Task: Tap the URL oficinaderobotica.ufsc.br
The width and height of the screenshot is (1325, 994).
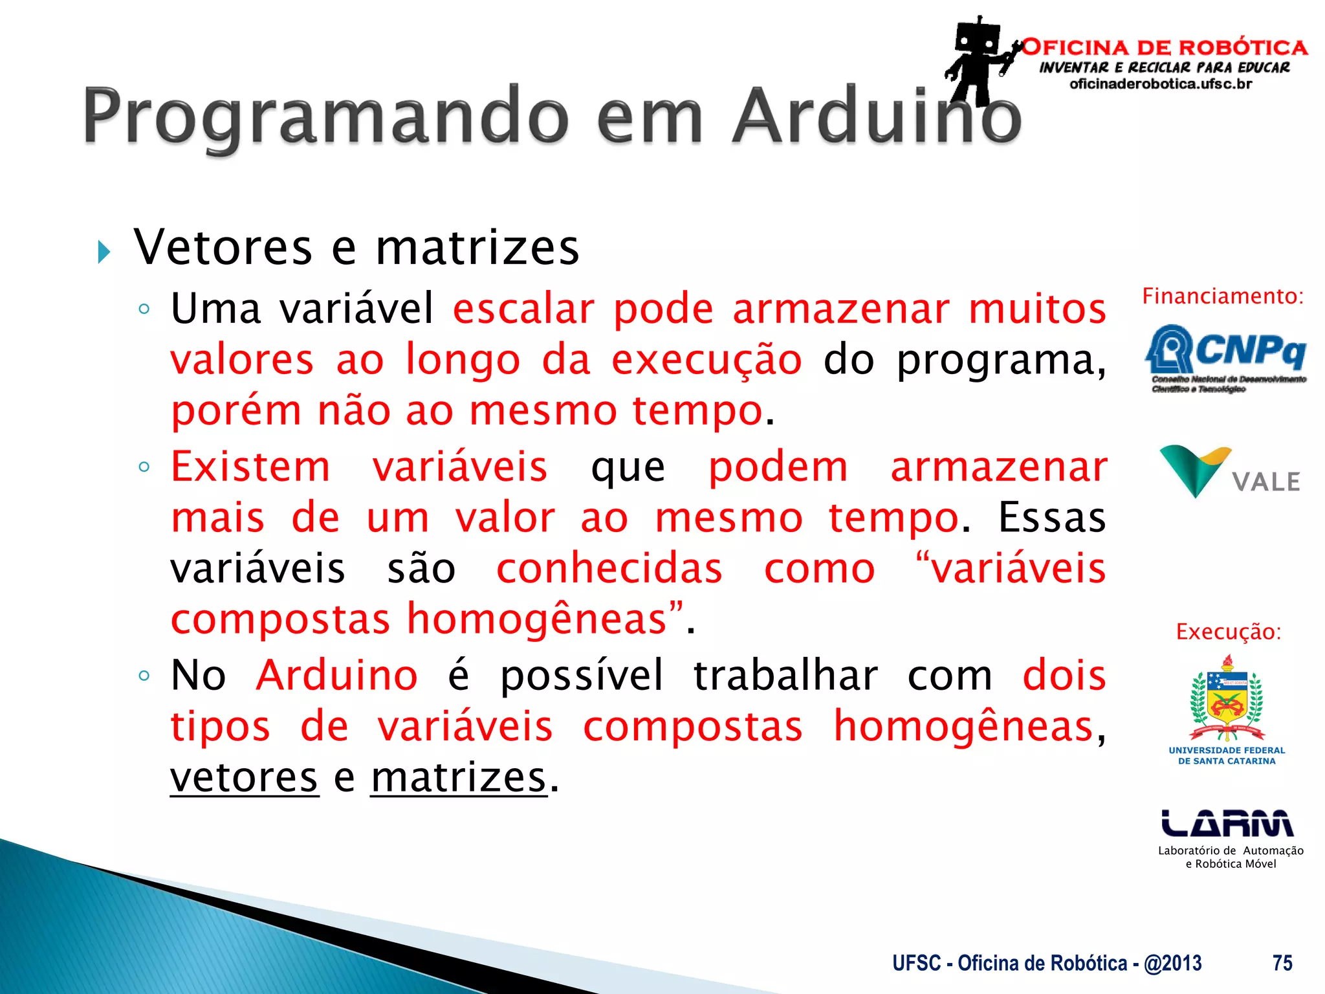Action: (1161, 84)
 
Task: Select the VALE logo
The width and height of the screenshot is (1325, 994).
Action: (1229, 472)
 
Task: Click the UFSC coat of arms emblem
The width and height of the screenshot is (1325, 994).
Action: (1227, 699)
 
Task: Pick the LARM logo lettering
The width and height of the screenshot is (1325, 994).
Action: (1227, 823)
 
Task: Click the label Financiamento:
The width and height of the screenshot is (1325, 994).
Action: (1223, 296)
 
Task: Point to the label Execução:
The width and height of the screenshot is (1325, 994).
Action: (1228, 632)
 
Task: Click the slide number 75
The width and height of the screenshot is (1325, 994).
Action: (1282, 963)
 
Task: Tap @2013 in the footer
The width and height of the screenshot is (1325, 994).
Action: (1172, 963)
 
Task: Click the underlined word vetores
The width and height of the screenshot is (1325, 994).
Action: (244, 778)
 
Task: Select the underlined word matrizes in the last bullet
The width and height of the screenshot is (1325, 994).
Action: (459, 778)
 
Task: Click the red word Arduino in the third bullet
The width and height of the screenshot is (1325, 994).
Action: (337, 676)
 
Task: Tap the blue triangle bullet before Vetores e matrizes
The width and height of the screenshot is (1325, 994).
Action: (104, 252)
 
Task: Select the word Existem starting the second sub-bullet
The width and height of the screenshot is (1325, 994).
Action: (250, 467)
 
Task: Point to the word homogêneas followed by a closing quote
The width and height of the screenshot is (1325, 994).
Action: (537, 619)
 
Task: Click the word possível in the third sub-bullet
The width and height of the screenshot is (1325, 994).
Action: (582, 676)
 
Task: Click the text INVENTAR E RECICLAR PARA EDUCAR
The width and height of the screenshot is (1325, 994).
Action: (1164, 67)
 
